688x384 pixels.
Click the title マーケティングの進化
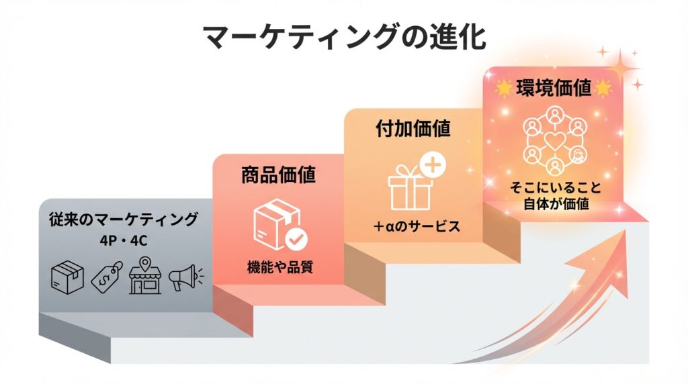345,38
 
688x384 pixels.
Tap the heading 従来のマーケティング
124,219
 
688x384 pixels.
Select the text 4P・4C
124,240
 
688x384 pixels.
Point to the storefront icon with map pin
145,275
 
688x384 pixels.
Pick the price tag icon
107,277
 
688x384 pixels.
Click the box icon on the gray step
68,277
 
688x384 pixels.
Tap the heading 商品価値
278,175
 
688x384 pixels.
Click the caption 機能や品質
280,267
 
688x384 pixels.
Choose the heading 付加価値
413,128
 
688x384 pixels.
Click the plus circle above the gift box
433,165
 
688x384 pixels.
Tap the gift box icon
410,187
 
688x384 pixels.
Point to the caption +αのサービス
417,226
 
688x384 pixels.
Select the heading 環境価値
554,88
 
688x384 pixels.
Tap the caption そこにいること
556,187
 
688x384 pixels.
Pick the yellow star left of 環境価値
504,88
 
